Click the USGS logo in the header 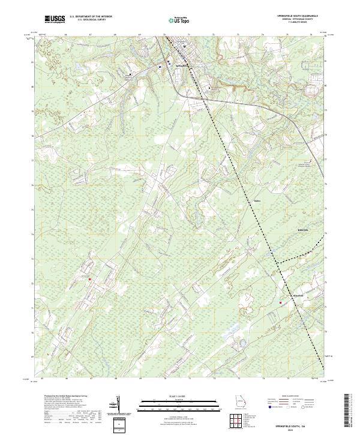click(55, 19)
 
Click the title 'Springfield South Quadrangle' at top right click(292, 15)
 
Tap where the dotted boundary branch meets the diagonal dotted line click(278, 263)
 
